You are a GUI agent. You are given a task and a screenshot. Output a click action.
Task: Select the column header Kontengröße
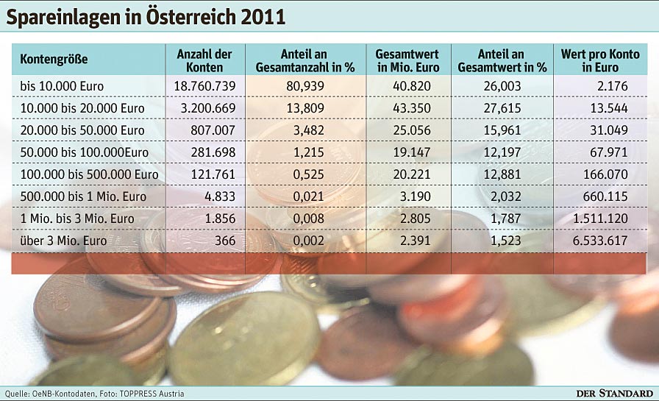pyautogui.click(x=54, y=60)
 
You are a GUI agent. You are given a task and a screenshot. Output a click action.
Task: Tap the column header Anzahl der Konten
pyautogui.click(x=204, y=60)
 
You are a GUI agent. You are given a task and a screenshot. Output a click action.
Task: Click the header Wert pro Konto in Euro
pyautogui.click(x=599, y=60)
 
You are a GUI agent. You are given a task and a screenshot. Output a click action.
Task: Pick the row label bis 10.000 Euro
pyautogui.click(x=62, y=86)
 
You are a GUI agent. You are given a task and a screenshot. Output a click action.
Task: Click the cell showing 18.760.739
pyautogui.click(x=204, y=86)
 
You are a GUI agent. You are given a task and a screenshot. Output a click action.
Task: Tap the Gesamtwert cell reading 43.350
pyautogui.click(x=407, y=108)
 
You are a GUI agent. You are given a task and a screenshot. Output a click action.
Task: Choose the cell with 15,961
pyautogui.click(x=502, y=130)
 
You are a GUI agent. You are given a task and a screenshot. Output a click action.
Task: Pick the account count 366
pyautogui.click(x=225, y=241)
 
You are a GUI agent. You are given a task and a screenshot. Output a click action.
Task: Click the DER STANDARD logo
pyautogui.click(x=613, y=393)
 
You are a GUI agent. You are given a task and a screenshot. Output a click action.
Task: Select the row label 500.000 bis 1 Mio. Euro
pyautogui.click(x=83, y=196)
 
